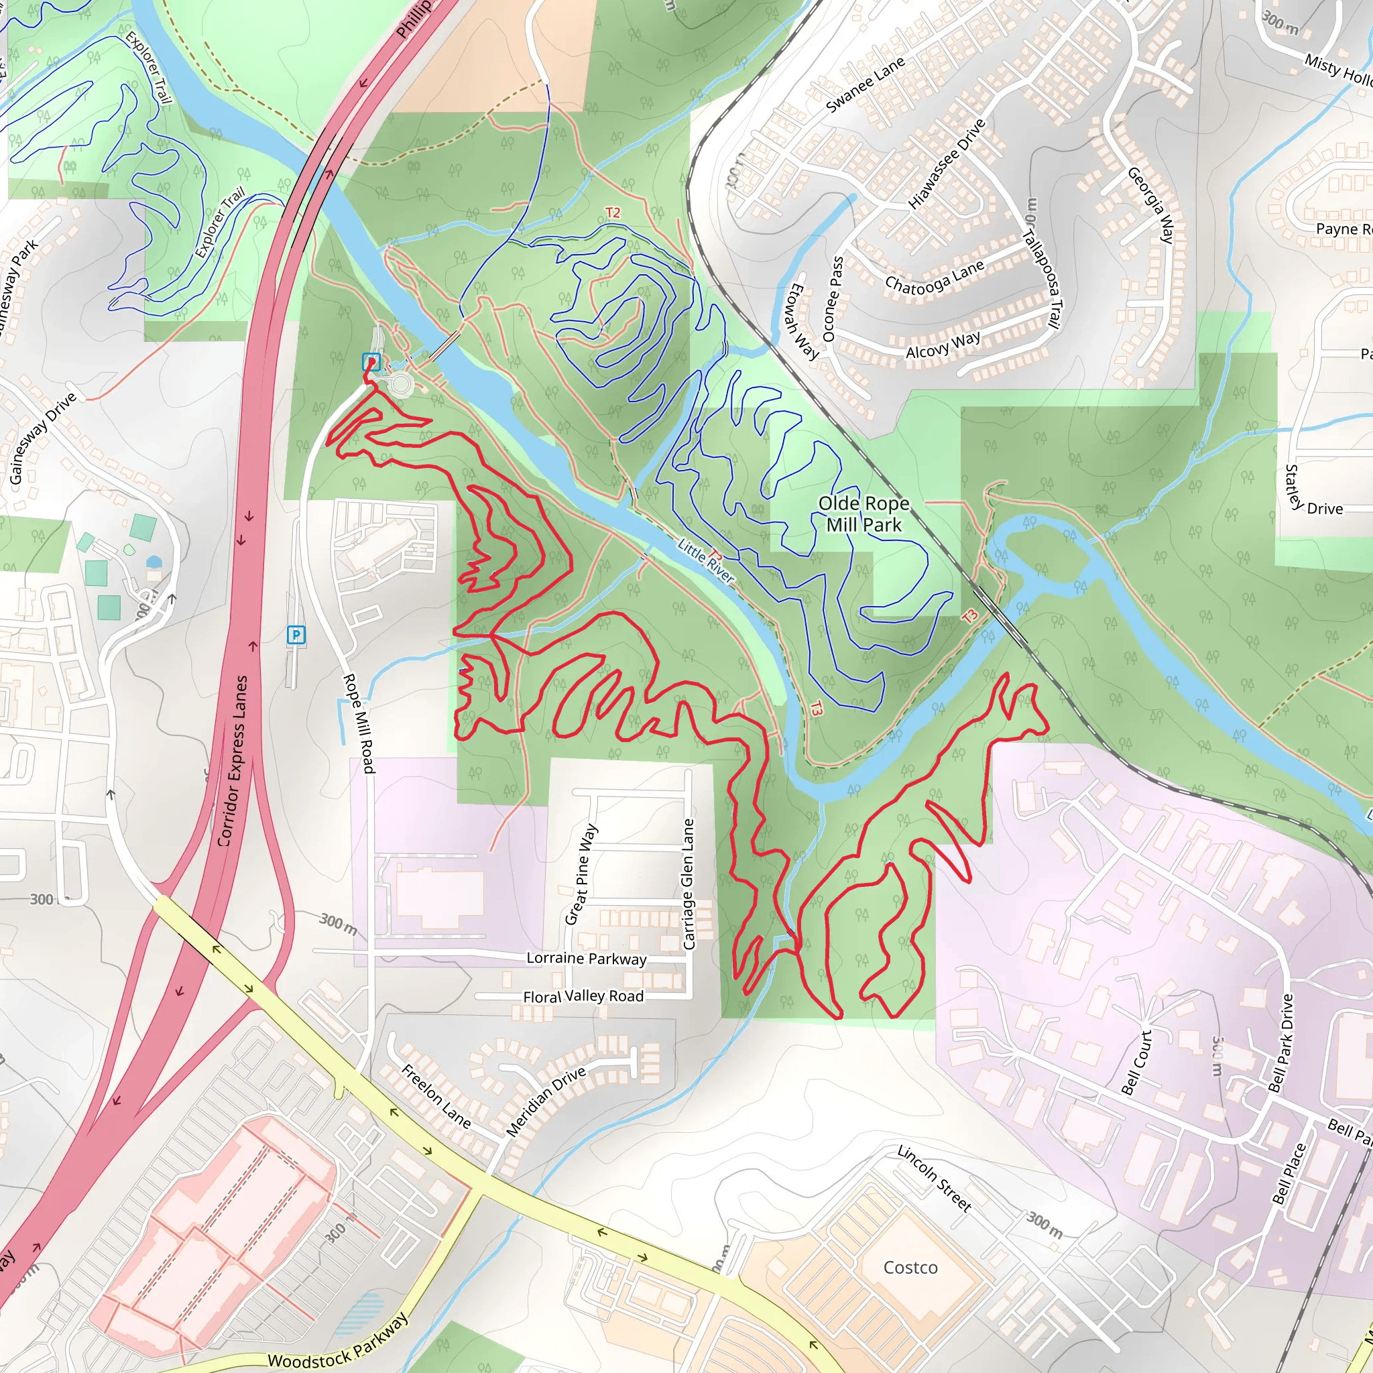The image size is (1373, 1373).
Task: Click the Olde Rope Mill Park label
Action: [x=863, y=514]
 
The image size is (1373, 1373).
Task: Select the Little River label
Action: [x=706, y=560]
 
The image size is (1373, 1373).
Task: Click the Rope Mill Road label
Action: [x=359, y=723]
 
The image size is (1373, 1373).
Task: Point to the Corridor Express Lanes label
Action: [x=233, y=760]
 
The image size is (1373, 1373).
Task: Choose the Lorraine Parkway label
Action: [x=587, y=958]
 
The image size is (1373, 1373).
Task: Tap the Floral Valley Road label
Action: [x=583, y=996]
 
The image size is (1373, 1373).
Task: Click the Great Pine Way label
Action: [x=581, y=874]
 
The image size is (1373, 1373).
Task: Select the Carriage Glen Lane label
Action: [x=688, y=884]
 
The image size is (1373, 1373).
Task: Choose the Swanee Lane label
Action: [x=865, y=84]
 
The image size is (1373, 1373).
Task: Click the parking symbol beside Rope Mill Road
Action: [x=296, y=635]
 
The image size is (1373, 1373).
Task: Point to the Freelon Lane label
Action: [x=436, y=1096]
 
